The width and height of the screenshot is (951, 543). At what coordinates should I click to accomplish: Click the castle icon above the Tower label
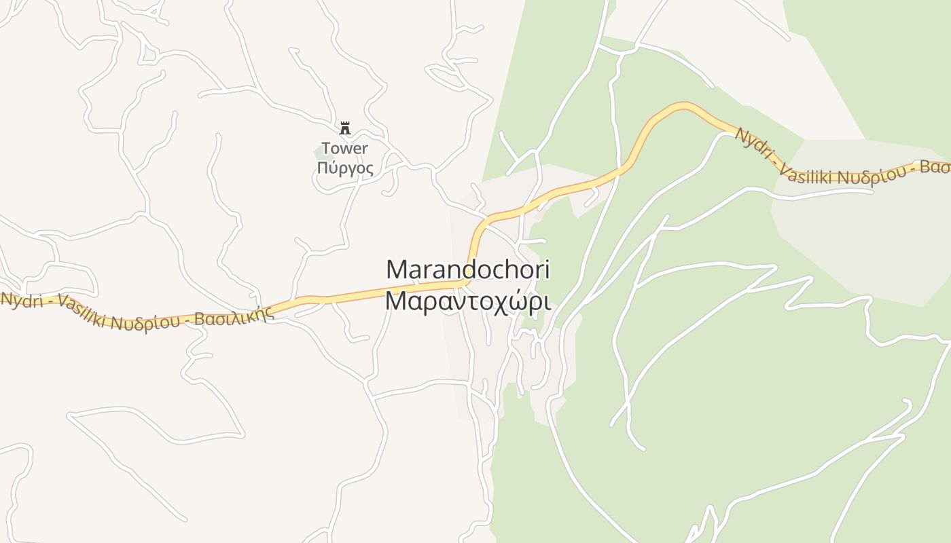coord(345,128)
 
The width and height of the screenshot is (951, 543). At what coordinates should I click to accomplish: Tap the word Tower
coord(344,148)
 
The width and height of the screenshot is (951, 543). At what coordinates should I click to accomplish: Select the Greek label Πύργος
coord(345,168)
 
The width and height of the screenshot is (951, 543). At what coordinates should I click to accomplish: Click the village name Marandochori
coord(467,269)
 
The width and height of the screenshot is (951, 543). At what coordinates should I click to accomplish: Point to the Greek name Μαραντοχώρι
coord(467,301)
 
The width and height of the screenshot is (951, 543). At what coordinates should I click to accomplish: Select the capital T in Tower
coord(326,148)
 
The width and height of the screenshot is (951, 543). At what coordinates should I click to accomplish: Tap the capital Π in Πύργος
coord(322,167)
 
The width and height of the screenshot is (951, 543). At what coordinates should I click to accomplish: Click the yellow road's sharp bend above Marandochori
coord(475,231)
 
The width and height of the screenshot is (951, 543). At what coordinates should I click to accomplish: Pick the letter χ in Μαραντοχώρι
coord(495,302)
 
